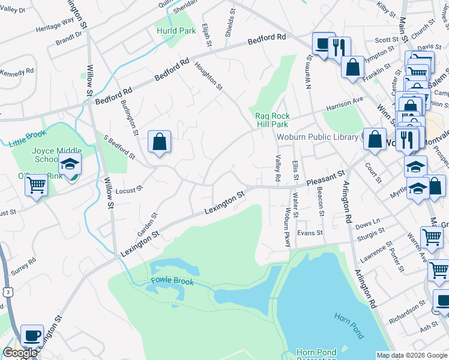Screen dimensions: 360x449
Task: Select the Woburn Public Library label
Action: tap(317, 137)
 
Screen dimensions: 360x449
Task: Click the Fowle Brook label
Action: tap(172, 280)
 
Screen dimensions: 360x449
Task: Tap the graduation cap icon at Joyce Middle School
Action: tap(70, 163)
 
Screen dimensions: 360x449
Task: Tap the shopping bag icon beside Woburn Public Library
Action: tap(375, 139)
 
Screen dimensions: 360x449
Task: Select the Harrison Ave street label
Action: tap(345, 103)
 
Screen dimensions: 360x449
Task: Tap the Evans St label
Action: tap(310, 233)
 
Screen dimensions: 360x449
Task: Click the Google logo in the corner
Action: tap(20, 353)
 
